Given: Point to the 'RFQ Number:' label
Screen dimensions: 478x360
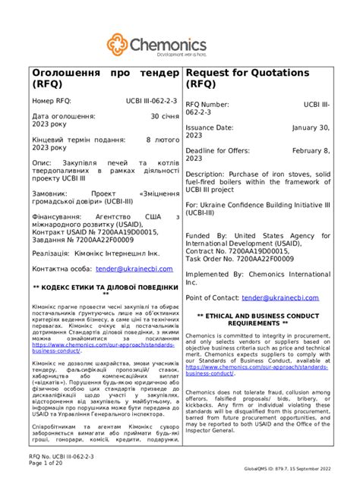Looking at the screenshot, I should [x=213, y=105].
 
